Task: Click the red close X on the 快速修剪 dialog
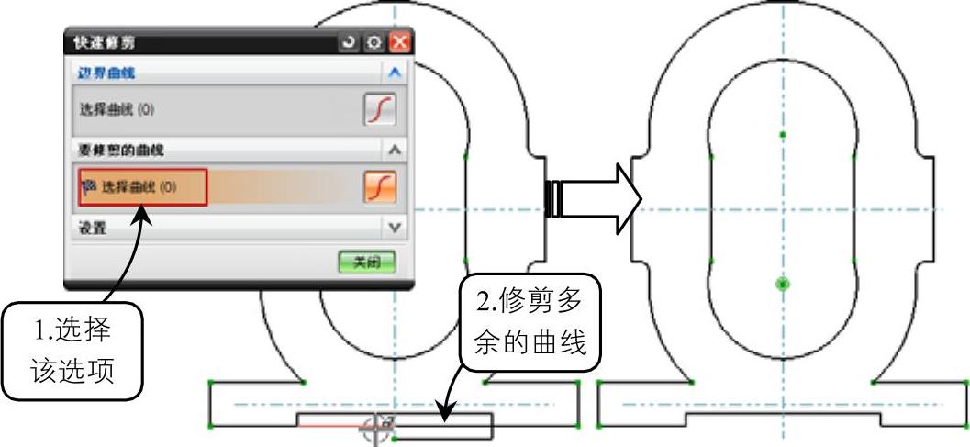click(399, 42)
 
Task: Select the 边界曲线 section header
click(101, 73)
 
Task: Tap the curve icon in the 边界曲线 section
click(380, 109)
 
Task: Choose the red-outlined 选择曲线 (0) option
click(143, 187)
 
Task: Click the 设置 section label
click(92, 227)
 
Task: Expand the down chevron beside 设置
click(395, 227)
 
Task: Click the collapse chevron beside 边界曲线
click(395, 73)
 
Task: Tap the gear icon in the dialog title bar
click(374, 42)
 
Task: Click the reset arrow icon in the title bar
click(350, 42)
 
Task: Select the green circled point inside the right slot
click(783, 284)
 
